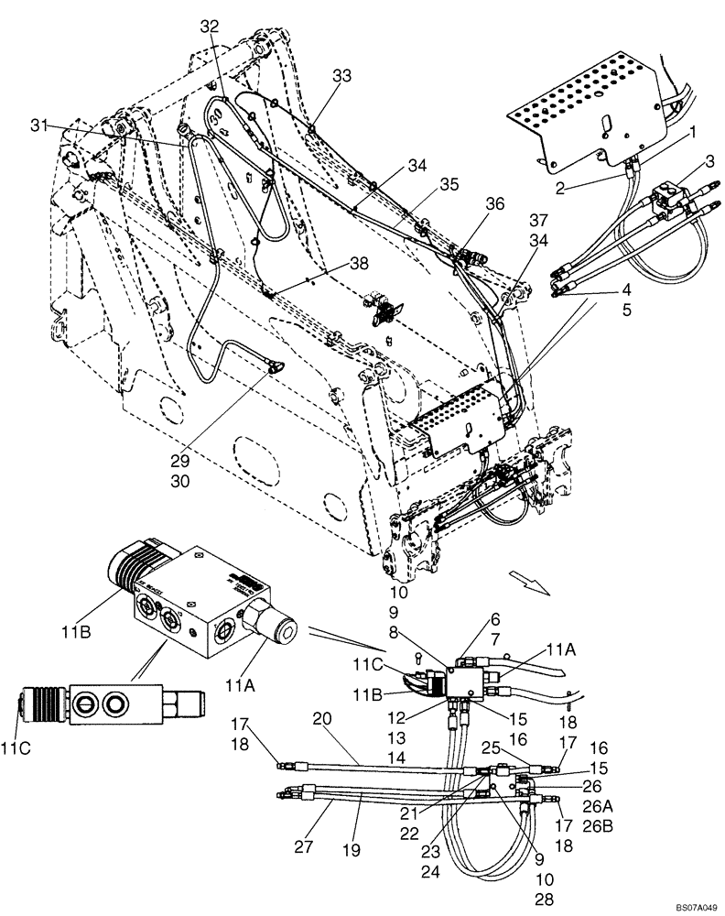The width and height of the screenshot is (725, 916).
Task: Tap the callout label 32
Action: pos(211,27)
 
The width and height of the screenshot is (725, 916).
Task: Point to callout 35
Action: pos(423,184)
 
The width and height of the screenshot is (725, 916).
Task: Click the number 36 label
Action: pos(495,205)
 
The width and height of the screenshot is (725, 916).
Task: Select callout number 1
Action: pos(692,131)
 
